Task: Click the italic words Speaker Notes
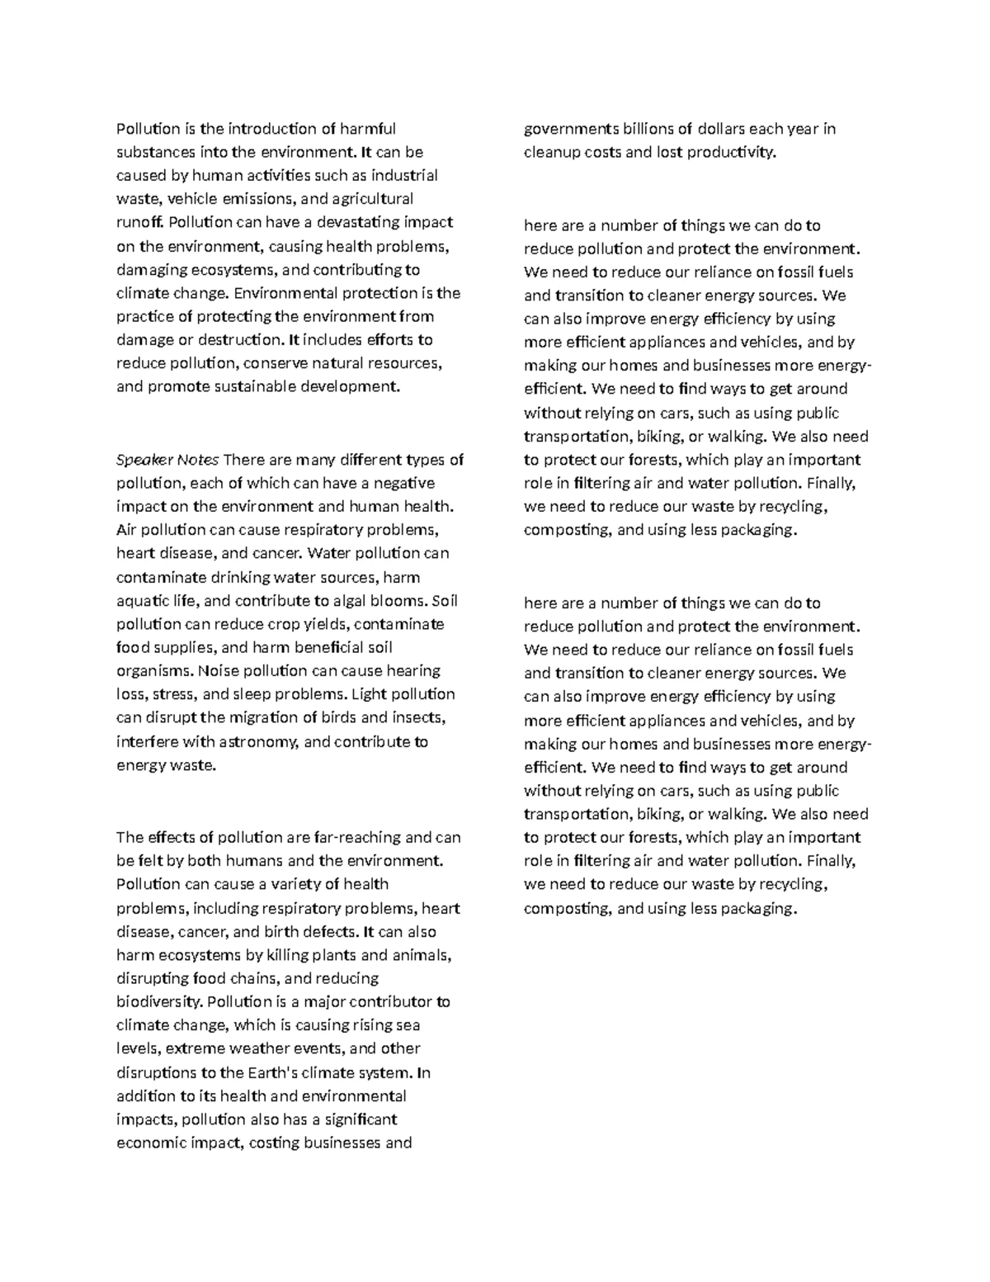point(167,460)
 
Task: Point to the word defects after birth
point(331,932)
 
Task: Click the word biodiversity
point(159,1002)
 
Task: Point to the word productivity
point(732,153)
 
